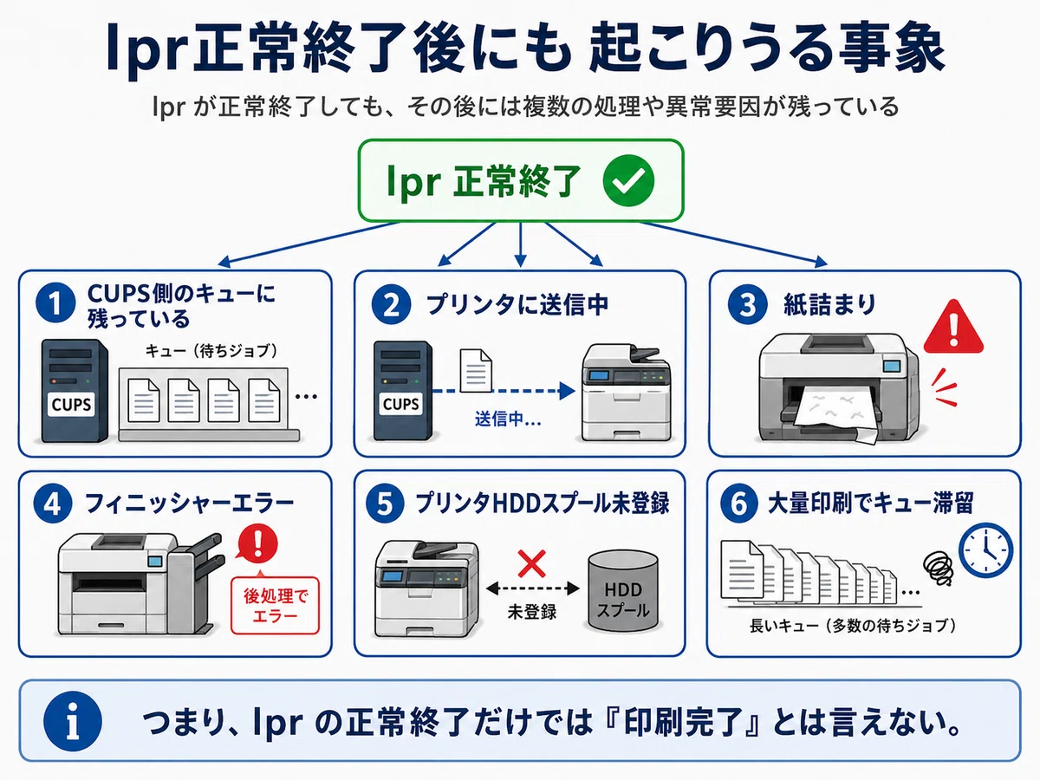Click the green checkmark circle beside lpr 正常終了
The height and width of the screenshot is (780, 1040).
tap(628, 180)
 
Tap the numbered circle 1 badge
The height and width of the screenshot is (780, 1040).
tap(55, 303)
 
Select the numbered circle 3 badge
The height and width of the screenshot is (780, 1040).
tap(748, 304)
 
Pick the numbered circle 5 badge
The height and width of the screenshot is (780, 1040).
tap(385, 504)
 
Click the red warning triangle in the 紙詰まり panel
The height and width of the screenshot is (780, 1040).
tap(953, 328)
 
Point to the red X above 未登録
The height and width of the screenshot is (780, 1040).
tap(531, 563)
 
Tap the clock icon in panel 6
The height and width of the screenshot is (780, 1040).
tap(986, 550)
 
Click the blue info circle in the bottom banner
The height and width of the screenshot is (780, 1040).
tap(73, 721)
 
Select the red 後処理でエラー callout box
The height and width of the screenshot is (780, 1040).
tap(275, 605)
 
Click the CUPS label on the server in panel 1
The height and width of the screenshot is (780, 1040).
tap(71, 404)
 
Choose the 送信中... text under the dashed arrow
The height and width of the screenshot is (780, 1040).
tap(508, 419)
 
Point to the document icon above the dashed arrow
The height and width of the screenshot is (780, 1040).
tap(476, 370)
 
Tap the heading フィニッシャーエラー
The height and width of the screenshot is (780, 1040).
tap(190, 504)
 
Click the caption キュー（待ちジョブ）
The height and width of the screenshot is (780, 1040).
tap(211, 351)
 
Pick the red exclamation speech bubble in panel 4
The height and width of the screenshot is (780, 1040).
tap(257, 543)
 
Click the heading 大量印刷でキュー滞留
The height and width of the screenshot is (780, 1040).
tap(871, 504)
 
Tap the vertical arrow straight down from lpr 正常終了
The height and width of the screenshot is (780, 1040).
tap(520, 244)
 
